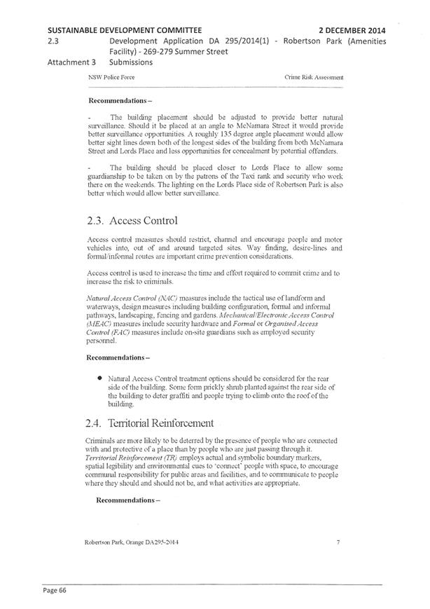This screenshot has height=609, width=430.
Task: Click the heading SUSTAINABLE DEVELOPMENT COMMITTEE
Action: click(x=125, y=30)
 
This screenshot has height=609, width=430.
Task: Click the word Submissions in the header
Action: click(x=132, y=62)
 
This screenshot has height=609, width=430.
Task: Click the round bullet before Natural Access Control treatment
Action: click(x=101, y=378)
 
